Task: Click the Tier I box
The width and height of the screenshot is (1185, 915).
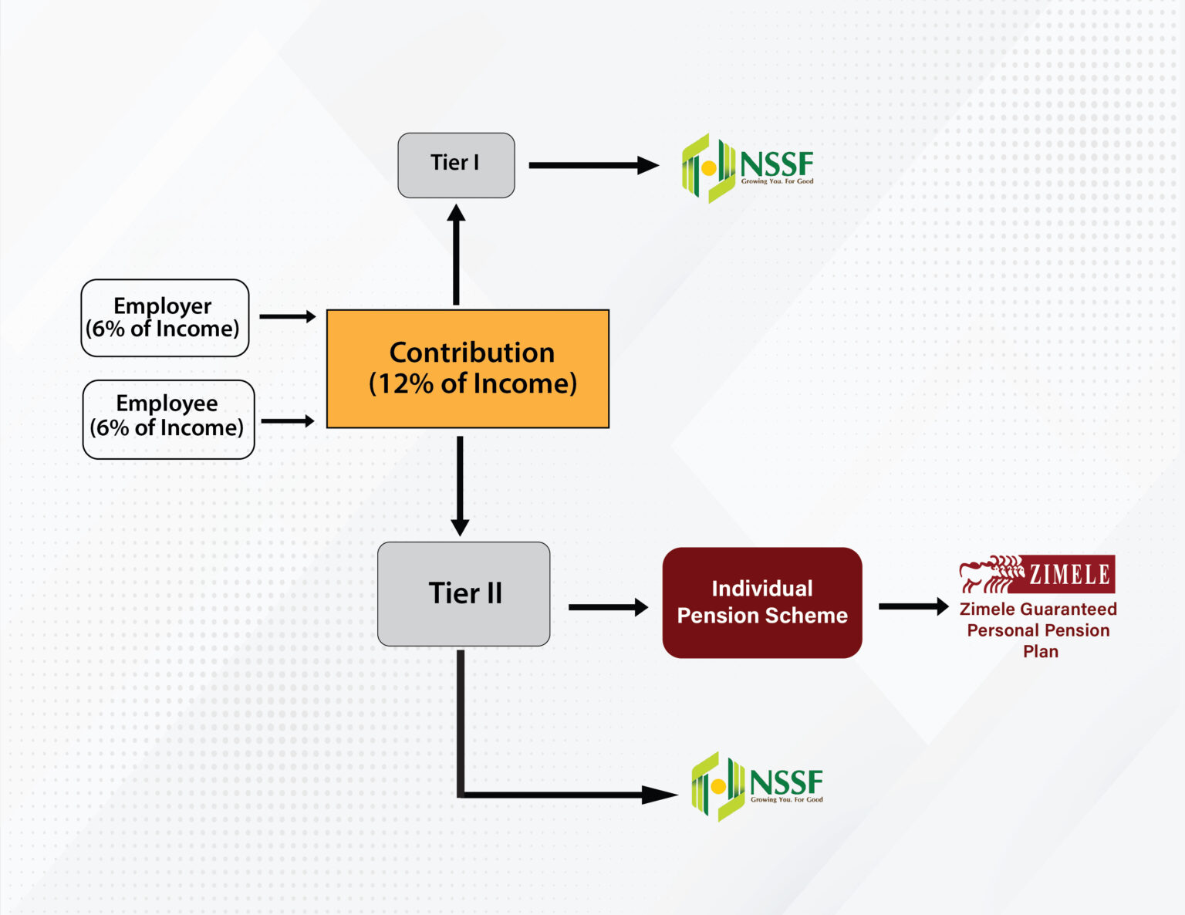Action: [x=456, y=165]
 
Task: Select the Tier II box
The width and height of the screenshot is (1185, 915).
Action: [x=464, y=593]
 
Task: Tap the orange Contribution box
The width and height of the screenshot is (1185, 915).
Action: [x=468, y=369]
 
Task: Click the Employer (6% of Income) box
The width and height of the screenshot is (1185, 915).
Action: [x=165, y=318]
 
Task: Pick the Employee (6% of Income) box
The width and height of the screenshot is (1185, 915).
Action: [x=168, y=419]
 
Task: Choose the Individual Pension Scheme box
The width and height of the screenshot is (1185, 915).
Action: [x=761, y=603]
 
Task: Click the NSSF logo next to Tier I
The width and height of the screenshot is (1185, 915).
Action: [x=747, y=167]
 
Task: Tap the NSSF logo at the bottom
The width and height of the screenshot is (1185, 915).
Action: [x=757, y=786]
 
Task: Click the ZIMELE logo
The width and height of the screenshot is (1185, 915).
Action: [x=1037, y=574]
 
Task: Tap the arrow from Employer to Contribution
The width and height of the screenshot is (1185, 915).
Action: [x=287, y=316]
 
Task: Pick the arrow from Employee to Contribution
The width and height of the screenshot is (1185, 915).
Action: [x=288, y=421]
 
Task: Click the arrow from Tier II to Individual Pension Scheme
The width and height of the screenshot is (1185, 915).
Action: [x=607, y=607]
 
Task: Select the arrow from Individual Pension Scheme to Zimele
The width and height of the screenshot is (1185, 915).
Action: [x=913, y=606]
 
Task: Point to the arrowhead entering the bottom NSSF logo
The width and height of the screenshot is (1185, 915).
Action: [x=659, y=795]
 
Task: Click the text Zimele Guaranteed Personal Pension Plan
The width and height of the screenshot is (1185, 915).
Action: [x=1038, y=630]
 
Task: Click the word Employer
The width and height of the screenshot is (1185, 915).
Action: [x=162, y=306]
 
